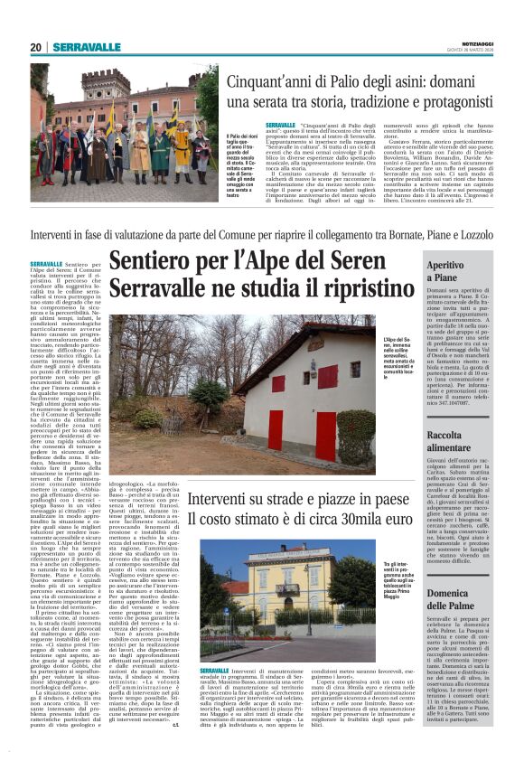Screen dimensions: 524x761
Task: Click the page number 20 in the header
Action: (35, 48)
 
